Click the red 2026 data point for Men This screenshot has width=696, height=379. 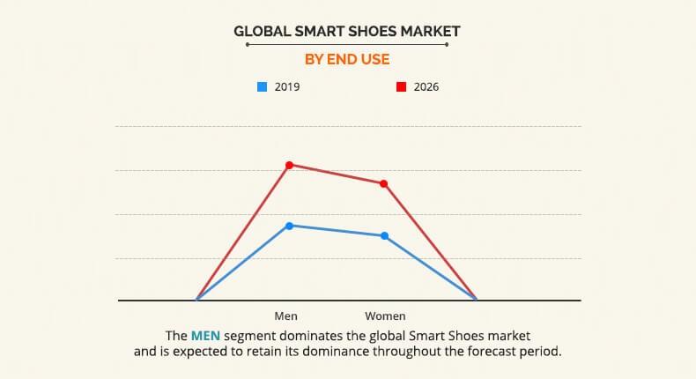289,165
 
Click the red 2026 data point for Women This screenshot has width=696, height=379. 384,183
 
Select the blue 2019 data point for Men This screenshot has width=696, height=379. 289,226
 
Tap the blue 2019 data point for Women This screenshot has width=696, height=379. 384,235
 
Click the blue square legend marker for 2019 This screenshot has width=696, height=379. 262,87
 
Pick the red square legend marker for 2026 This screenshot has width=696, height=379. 400,87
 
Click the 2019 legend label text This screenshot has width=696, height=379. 286,87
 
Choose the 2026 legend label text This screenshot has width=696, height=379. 426,87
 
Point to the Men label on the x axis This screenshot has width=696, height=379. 286,316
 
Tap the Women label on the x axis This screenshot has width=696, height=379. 385,316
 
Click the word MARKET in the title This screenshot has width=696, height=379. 431,32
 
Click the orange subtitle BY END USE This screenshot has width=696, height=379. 347,59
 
